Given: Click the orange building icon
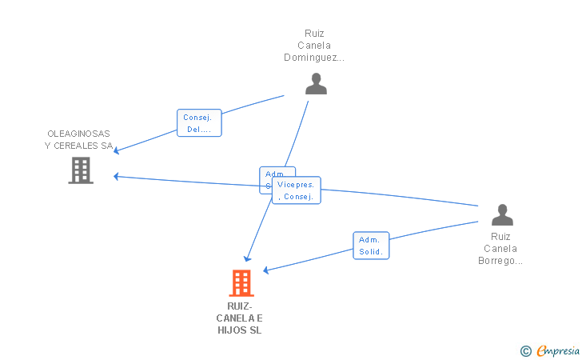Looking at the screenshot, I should coord(241,283).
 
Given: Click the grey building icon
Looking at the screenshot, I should coord(81,170).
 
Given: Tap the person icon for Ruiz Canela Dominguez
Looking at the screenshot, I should coord(316,83).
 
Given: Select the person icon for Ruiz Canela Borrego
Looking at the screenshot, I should coord(501,214).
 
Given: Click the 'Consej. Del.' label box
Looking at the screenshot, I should coord(199,122).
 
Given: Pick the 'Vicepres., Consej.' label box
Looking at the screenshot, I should coord(296,190).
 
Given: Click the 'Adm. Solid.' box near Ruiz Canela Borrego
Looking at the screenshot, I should coord(371,246).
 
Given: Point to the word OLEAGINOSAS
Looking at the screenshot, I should coord(78,134).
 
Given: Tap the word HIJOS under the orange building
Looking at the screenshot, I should coord(233,330).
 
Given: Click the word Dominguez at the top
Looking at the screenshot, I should coord(313,58).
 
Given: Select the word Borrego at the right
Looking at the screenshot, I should coord(500,260).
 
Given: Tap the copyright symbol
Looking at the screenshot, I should coord(525,350).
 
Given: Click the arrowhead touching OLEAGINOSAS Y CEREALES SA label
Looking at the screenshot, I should coord(117,151).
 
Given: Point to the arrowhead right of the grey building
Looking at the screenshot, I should coord(117,176).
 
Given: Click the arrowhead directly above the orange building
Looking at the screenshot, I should coord(248,258).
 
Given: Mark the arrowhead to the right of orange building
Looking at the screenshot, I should coord(266,270).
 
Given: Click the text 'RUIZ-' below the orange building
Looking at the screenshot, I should coord(240,306).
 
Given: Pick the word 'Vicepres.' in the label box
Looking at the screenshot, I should coord(295,185).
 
